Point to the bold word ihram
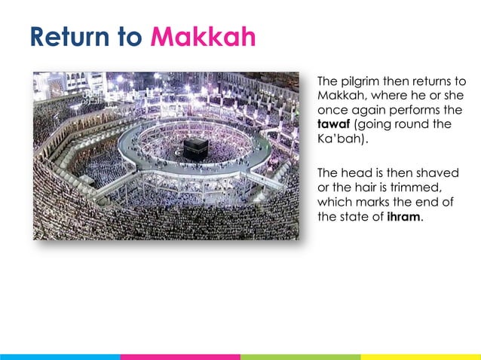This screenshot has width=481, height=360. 404,218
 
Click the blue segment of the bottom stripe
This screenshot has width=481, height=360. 60,356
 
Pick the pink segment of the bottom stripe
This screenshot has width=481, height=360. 180,356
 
